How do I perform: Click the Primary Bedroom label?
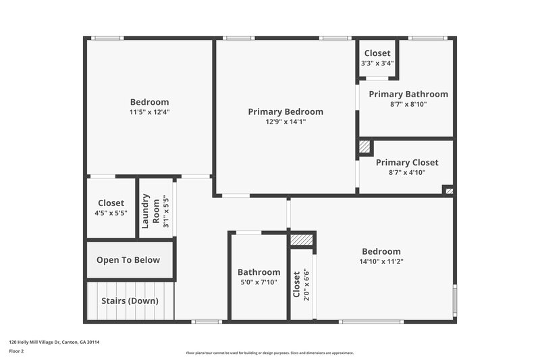coord(286,111)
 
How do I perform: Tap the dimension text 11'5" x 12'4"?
coord(150,112)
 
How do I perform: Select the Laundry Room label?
coord(151,209)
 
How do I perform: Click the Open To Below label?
coord(128,260)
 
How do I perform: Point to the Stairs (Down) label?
coord(128,301)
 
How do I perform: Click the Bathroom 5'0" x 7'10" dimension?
coord(259,282)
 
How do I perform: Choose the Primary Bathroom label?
coord(408,94)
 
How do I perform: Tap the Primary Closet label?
coord(407,162)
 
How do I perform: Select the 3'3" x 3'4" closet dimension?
coord(377,63)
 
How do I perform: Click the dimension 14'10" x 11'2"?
coord(381,261)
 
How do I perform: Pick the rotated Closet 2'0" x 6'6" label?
coord(300,284)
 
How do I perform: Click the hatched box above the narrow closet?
coord(302,240)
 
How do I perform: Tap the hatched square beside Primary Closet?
coord(364,147)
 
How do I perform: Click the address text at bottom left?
coord(54,342)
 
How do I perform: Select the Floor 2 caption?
coord(17,351)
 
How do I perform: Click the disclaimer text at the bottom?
coord(269,353)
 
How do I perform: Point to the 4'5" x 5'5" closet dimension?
coord(111,213)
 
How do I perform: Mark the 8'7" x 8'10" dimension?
coord(407,104)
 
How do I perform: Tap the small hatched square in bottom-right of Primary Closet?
coord(448,190)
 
